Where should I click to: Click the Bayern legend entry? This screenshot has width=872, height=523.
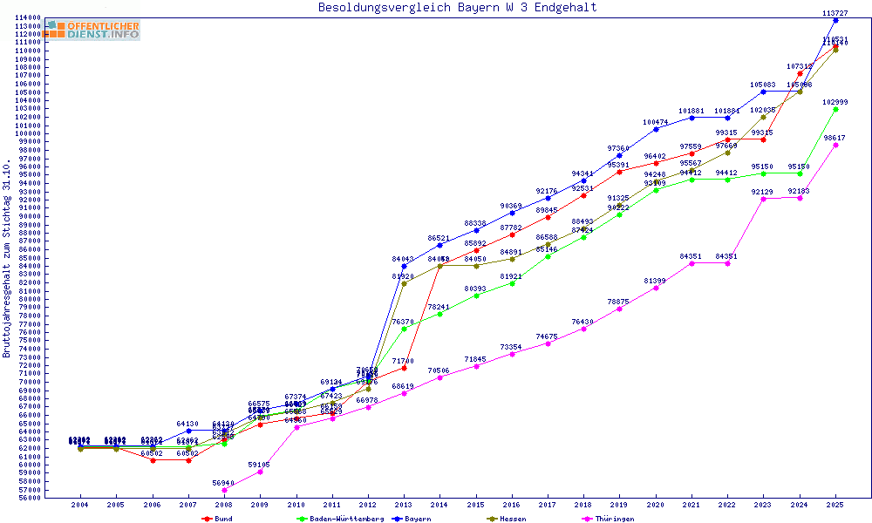(411, 519)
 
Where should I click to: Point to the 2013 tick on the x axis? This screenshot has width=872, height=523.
(404, 505)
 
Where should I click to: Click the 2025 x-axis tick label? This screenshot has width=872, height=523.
(835, 505)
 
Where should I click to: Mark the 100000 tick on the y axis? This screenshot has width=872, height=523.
(28, 133)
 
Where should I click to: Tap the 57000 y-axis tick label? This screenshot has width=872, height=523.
(28, 490)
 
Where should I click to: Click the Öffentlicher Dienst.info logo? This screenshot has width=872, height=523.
(93, 31)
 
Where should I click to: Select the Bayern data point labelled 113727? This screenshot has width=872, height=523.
(835, 20)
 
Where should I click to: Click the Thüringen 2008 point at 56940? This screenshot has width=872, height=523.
(224, 490)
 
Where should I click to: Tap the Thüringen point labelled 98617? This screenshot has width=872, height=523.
(835, 145)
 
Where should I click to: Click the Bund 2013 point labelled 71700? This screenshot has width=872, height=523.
(404, 368)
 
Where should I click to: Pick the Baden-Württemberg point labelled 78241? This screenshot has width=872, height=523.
(439, 314)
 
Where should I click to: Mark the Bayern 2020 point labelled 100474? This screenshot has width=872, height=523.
(656, 129)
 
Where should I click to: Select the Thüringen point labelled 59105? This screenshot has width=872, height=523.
(260, 472)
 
